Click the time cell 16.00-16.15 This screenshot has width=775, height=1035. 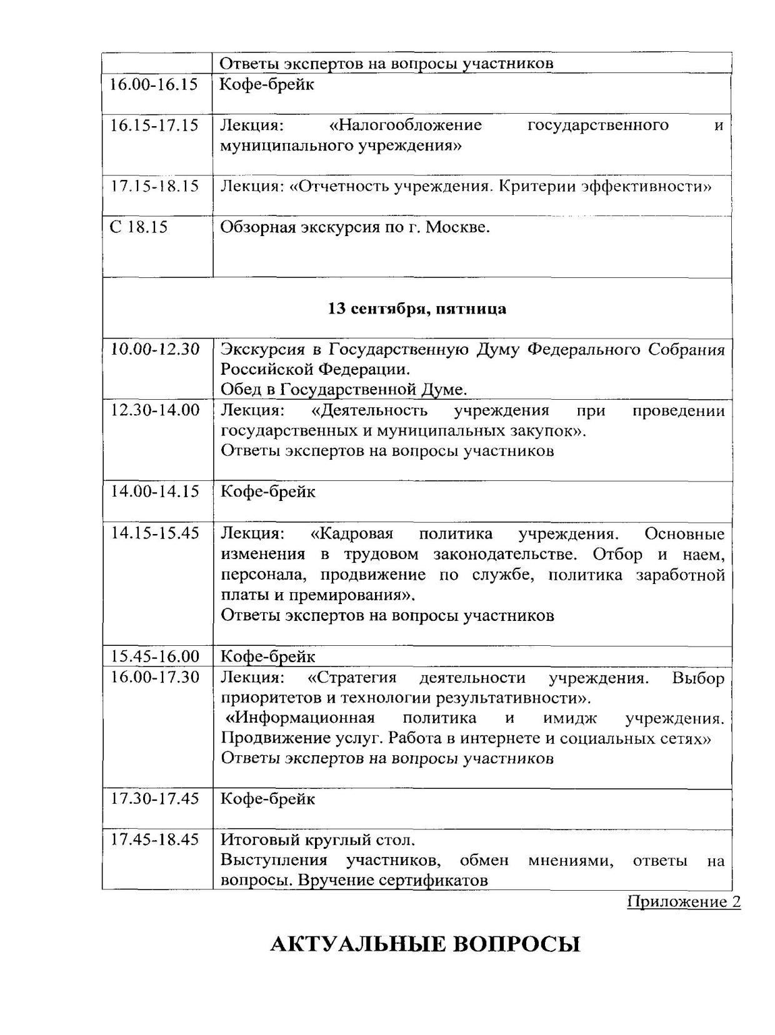[153, 84]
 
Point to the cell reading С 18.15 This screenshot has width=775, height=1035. [139, 227]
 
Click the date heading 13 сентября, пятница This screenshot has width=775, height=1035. [417, 309]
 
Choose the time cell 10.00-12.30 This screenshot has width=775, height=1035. [155, 349]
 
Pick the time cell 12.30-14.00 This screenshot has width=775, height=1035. [155, 410]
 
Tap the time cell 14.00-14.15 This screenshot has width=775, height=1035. [155, 492]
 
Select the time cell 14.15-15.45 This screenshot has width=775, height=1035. [155, 533]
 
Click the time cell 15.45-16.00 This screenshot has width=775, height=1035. [155, 656]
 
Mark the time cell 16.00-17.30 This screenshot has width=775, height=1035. [155, 677]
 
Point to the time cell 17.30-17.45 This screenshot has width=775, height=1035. [155, 799]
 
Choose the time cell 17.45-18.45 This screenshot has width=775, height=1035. [155, 839]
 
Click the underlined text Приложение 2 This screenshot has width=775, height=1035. [684, 902]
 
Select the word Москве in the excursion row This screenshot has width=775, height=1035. [457, 227]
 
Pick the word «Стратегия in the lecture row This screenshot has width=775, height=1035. [352, 678]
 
